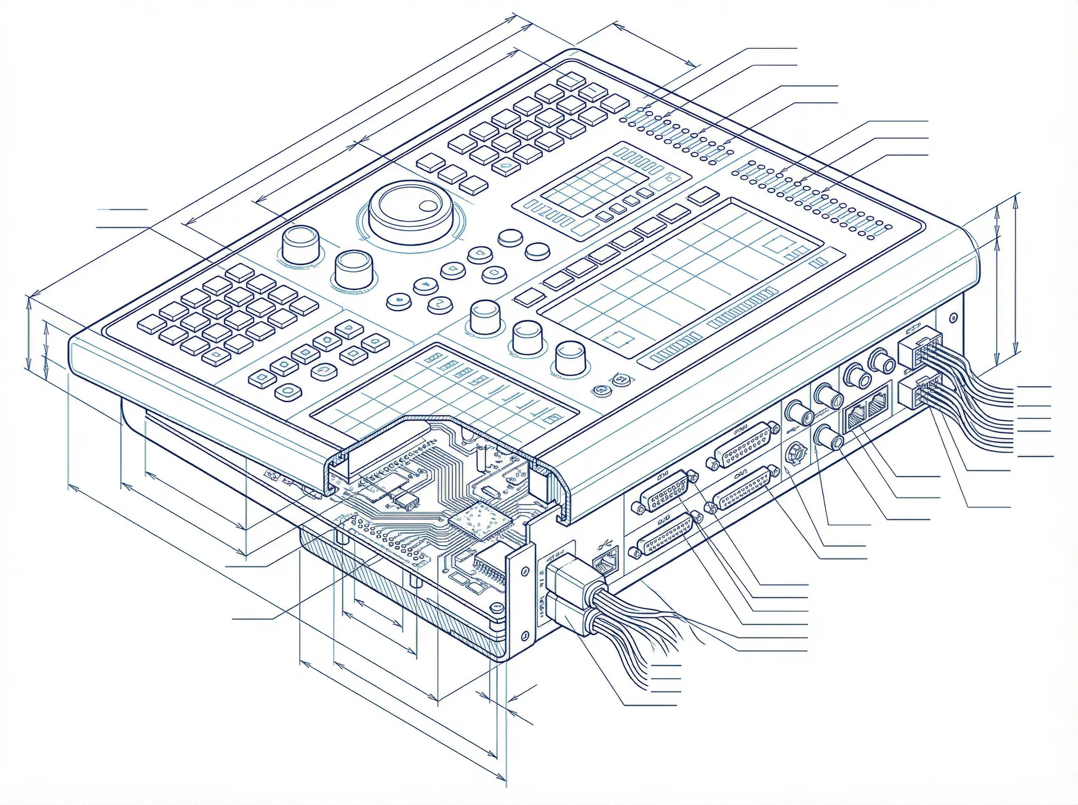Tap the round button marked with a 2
[440, 304]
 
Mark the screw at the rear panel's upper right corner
[952, 319]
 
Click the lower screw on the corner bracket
[524, 635]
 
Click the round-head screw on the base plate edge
[496, 607]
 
